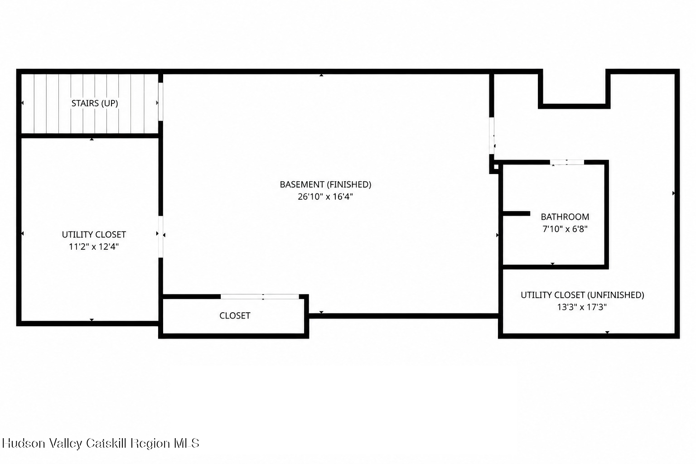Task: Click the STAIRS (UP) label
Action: pyautogui.click(x=95, y=103)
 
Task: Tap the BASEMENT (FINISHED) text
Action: pyautogui.click(x=325, y=184)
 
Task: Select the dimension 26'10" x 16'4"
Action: pyautogui.click(x=325, y=197)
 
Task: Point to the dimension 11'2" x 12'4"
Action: pyautogui.click(x=94, y=247)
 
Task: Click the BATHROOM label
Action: pyautogui.click(x=565, y=217)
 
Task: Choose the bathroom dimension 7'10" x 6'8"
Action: pyautogui.click(x=565, y=229)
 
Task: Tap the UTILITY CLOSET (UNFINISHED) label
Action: pyautogui.click(x=582, y=295)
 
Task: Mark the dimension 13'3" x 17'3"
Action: pyautogui.click(x=582, y=307)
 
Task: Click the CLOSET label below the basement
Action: pyautogui.click(x=235, y=316)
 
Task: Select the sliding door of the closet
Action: pyautogui.click(x=260, y=297)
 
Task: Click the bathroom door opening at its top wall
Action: pyautogui.click(x=567, y=162)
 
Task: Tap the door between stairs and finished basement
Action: pyautogui.click(x=161, y=101)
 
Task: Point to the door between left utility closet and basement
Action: pyautogui.click(x=161, y=237)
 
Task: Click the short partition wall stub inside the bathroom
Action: pyautogui.click(x=517, y=213)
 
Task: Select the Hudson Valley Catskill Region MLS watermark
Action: pyautogui.click(x=101, y=443)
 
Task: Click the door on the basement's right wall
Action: pyautogui.click(x=492, y=136)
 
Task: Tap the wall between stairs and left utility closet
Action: pyautogui.click(x=90, y=136)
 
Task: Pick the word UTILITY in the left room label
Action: pyautogui.click(x=76, y=235)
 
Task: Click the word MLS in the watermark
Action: pyautogui.click(x=186, y=443)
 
